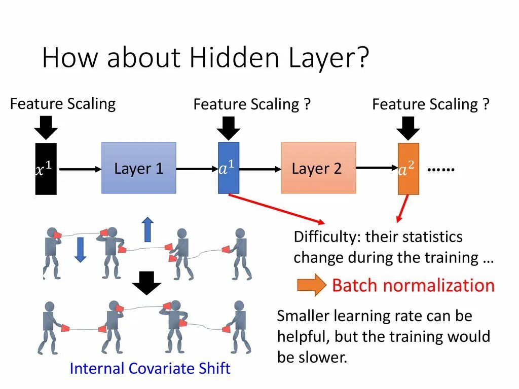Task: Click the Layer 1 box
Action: [139, 168]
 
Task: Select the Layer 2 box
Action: [318, 168]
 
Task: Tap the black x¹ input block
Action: [46, 169]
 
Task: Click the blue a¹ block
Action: [229, 168]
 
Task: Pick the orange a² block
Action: [409, 169]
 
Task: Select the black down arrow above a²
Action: [409, 128]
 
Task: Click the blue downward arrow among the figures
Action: [80, 250]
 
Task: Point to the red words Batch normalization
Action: [413, 286]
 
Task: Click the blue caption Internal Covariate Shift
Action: [150, 368]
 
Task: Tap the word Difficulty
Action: [327, 237]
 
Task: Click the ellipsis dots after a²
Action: [441, 169]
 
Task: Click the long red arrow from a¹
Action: [276, 209]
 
